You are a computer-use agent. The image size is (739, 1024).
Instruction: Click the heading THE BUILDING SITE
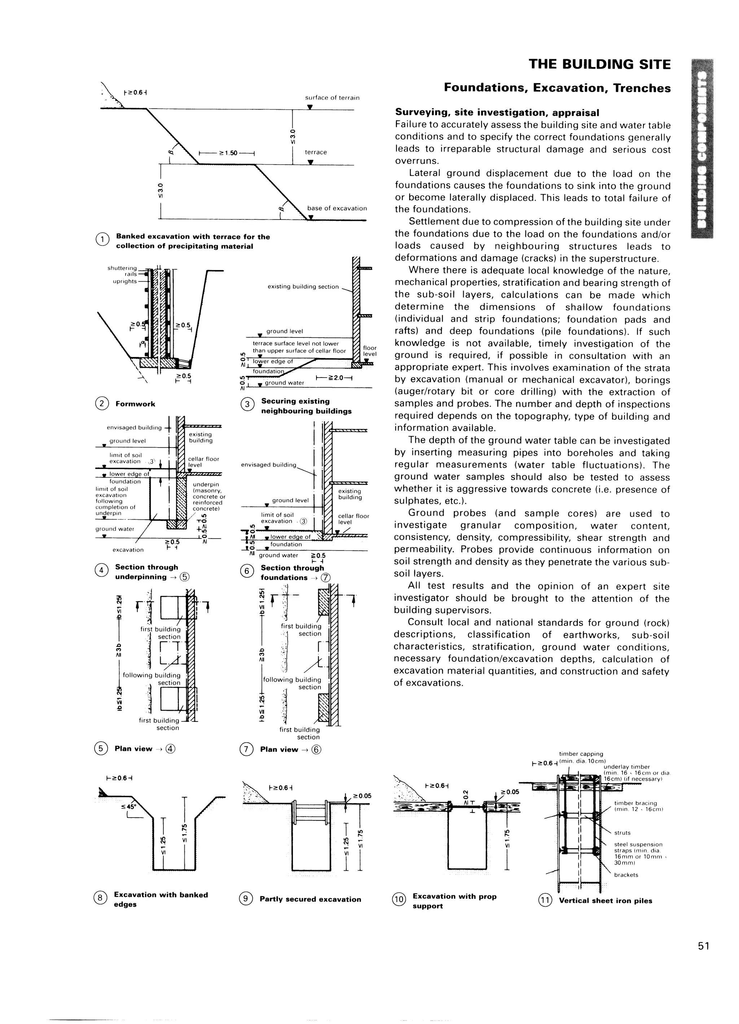point(599,65)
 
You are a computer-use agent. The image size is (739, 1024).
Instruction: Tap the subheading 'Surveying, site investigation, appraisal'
point(497,112)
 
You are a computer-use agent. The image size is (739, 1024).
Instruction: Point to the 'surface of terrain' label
point(332,97)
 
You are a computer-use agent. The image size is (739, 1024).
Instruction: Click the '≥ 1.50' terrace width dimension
point(228,153)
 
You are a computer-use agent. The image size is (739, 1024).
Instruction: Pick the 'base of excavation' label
point(337,208)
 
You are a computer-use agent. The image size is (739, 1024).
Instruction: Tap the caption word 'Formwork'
point(135,404)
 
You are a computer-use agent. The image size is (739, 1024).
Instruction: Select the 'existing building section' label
point(303,287)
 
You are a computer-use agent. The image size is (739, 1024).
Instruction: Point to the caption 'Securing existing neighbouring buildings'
point(306,406)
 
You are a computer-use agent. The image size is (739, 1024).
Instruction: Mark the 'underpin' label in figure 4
point(205,484)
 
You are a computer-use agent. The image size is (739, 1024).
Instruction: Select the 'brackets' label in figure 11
point(626,875)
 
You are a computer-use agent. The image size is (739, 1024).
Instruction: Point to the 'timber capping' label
point(581,754)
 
